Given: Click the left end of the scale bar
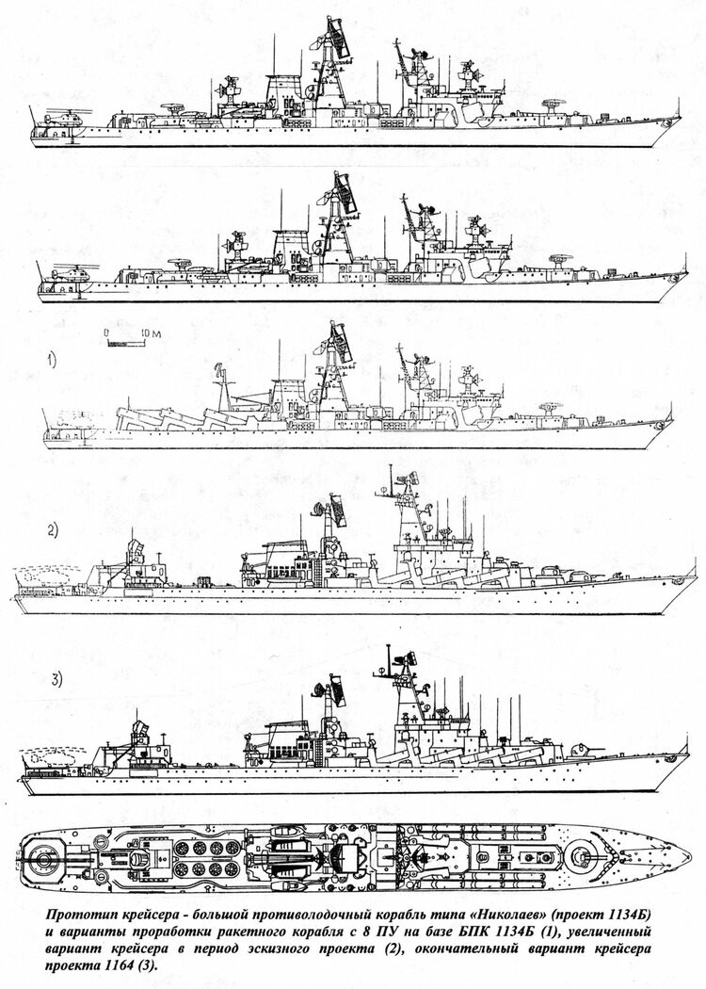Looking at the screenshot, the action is [x=107, y=343].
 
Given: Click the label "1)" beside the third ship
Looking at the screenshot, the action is [x=51, y=362].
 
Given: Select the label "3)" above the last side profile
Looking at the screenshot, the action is [x=56, y=679].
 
